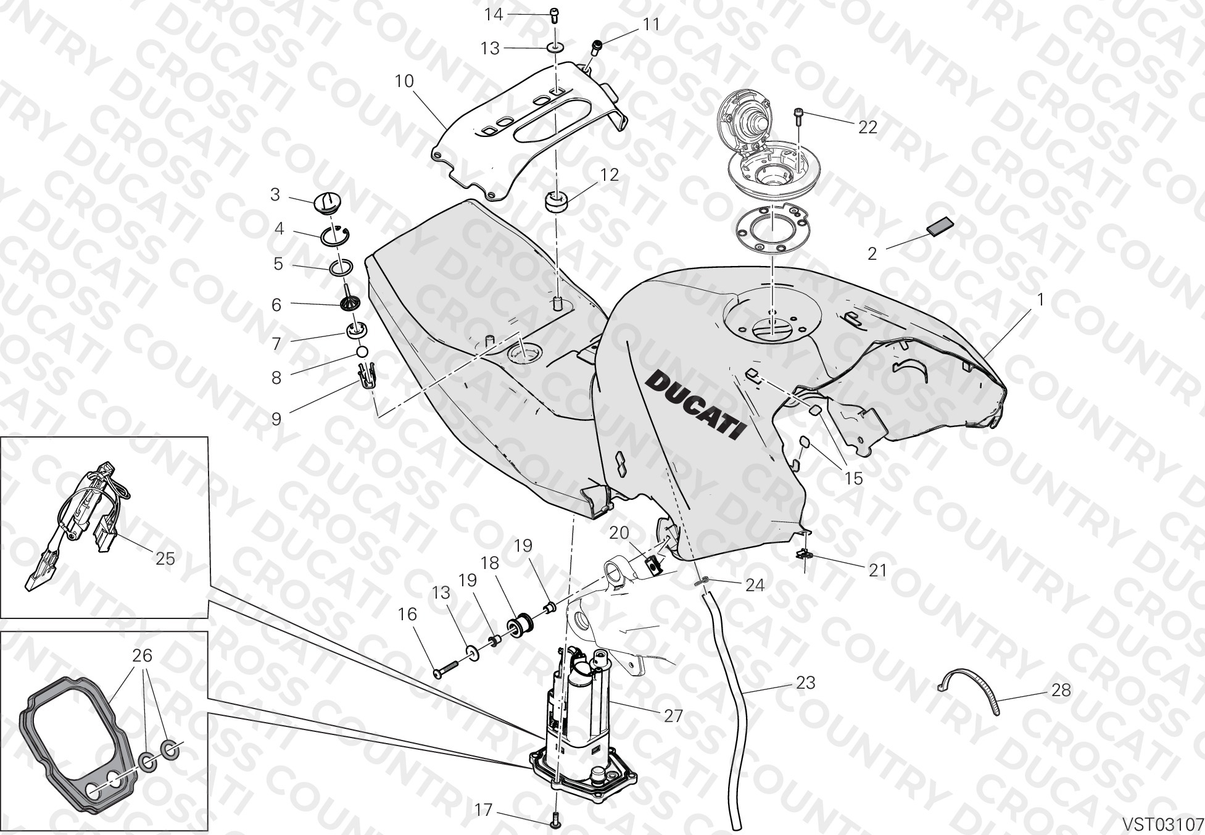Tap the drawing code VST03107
coord(1162,824)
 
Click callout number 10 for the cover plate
coord(404,81)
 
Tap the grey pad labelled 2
coord(939,226)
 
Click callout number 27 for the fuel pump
coord(673,715)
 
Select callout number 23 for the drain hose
coord(806,683)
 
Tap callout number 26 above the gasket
coord(143,655)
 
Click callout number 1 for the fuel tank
coord(1040,300)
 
